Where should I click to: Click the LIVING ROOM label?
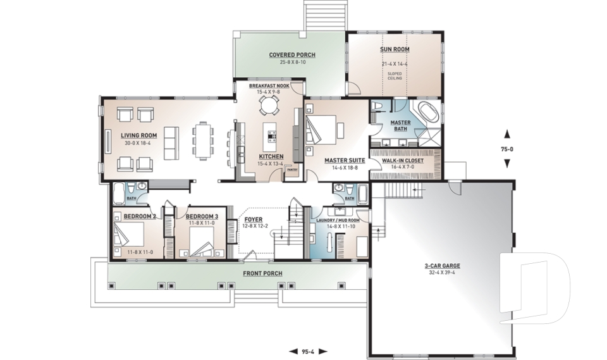tap(139, 135)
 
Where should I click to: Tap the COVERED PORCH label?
tap(292, 55)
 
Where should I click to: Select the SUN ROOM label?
tap(395, 49)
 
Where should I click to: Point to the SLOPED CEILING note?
tap(395, 75)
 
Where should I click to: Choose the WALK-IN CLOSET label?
tap(403, 161)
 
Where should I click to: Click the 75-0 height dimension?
tap(506, 149)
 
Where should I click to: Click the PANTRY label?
tap(291, 170)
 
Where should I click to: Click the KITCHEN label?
tap(271, 156)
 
